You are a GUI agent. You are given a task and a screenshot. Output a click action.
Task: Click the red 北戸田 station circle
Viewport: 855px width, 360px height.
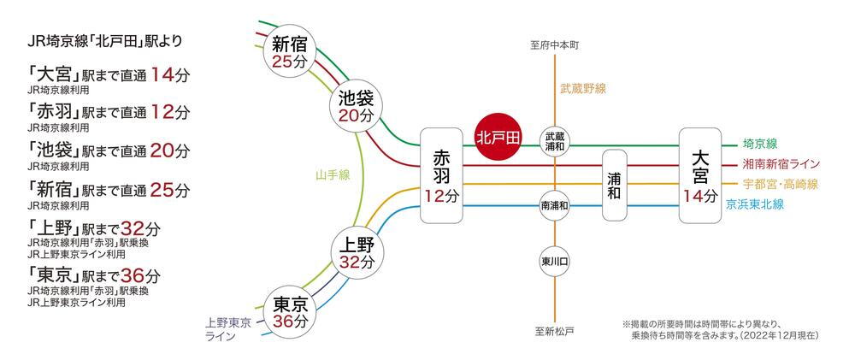[498, 137]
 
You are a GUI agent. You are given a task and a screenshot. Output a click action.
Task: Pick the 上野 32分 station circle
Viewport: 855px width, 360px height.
[356, 248]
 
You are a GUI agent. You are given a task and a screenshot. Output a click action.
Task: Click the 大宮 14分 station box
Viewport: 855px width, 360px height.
[702, 175]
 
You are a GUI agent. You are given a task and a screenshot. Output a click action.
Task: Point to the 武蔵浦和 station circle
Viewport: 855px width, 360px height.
[555, 142]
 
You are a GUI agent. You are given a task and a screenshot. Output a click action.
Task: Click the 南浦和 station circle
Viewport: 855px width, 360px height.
[555, 206]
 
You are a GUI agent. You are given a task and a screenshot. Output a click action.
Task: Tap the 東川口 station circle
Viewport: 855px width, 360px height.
[555, 261]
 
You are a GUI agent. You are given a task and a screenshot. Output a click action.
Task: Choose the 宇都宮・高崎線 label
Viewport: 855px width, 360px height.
[781, 185]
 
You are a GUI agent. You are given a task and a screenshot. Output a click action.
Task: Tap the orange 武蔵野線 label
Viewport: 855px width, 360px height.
[583, 88]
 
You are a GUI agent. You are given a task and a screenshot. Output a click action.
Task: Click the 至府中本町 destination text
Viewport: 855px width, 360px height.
[556, 44]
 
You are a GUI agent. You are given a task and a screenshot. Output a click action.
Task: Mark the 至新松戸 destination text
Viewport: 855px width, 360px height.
[556, 331]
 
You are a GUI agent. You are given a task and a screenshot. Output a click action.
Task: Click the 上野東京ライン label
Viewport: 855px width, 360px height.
[228, 330]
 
